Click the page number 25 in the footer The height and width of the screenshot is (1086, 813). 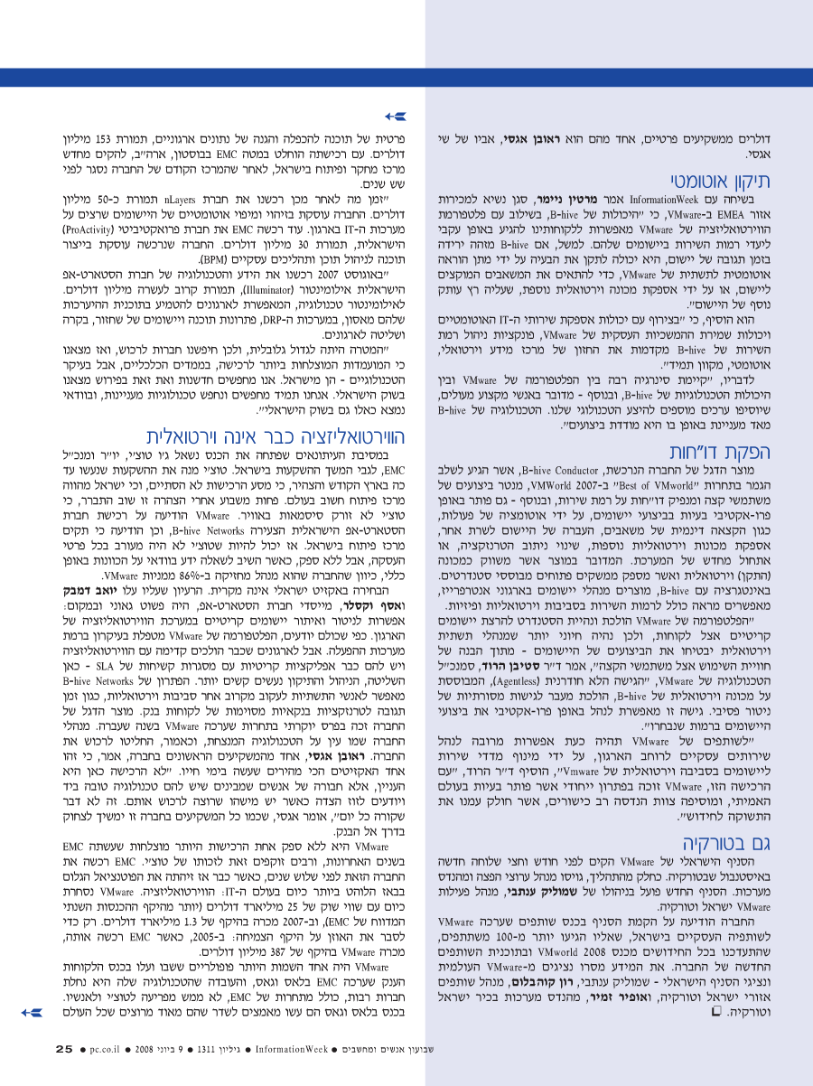pyautogui.click(x=63, y=1049)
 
